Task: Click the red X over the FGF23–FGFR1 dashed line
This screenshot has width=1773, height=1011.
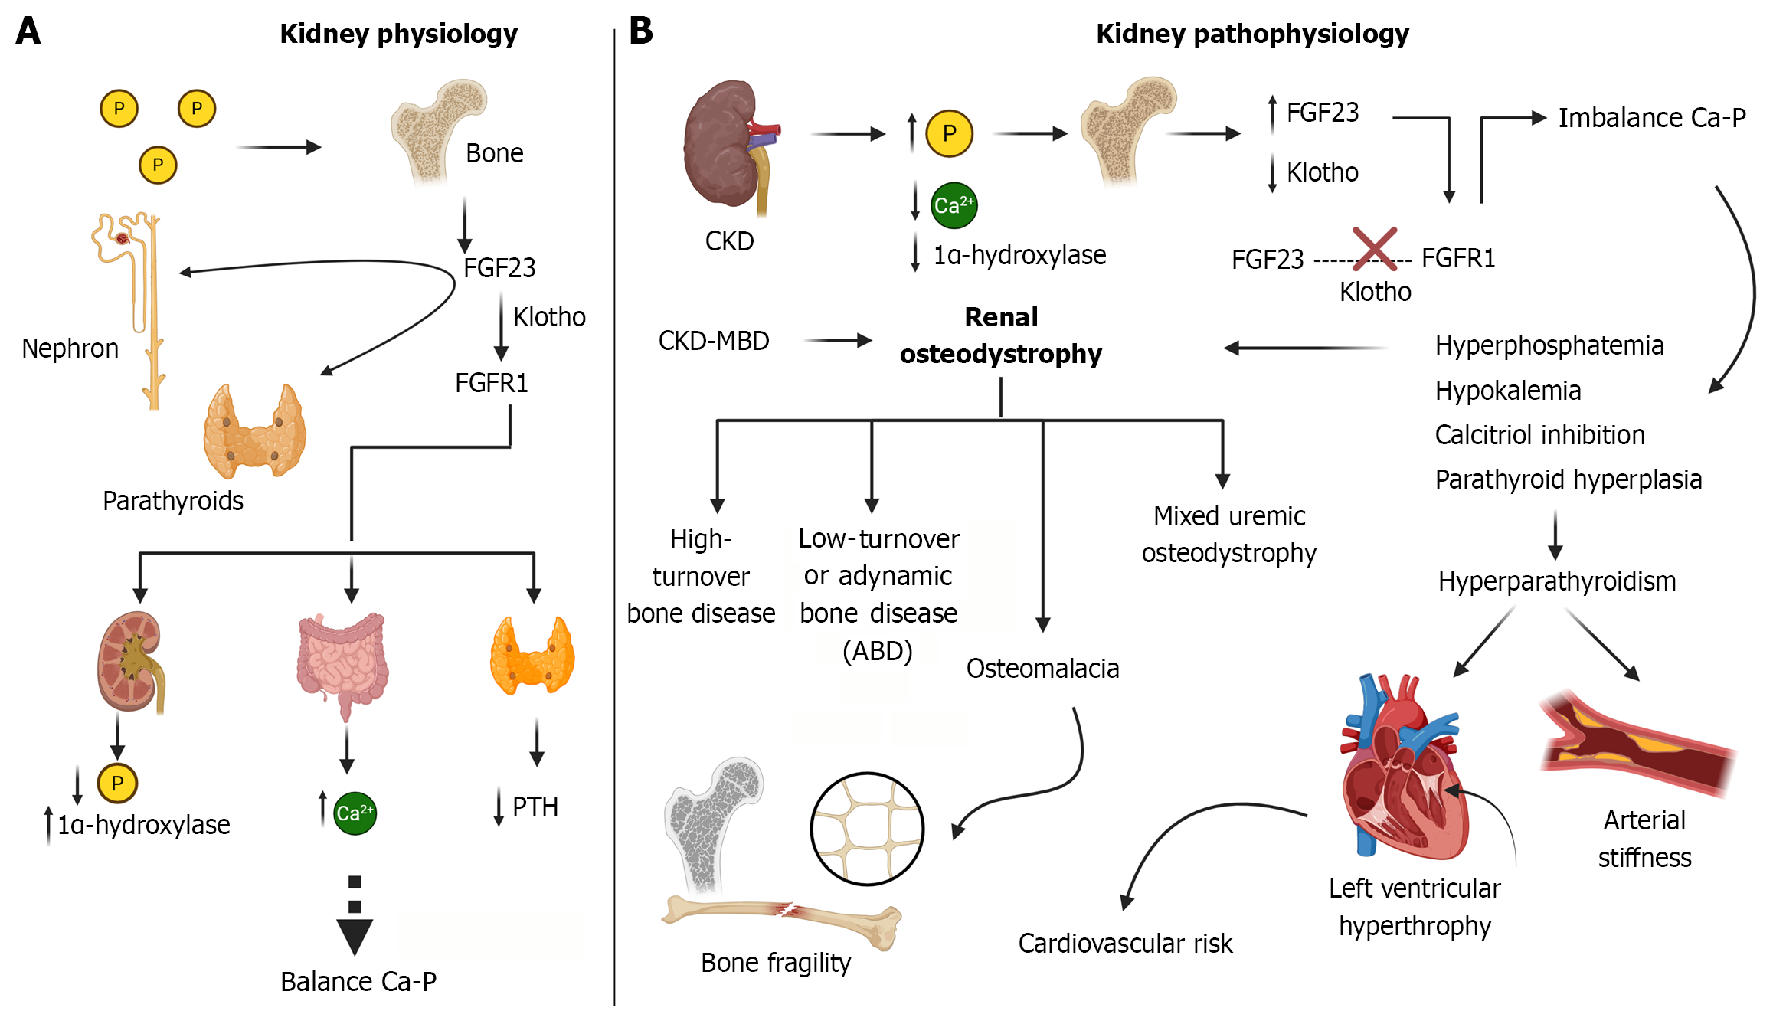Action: (1374, 248)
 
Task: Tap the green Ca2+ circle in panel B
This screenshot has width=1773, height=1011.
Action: (954, 205)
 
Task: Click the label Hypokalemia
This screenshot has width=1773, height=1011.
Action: (1507, 391)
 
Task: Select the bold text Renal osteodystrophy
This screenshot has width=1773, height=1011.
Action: (1000, 335)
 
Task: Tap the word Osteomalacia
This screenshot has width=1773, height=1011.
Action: (1042, 669)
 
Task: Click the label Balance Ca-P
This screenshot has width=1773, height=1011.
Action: (358, 981)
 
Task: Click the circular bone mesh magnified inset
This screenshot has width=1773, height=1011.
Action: (867, 829)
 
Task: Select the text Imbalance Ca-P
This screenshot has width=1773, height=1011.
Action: (1651, 118)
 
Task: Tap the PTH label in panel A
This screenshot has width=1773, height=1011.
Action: (535, 807)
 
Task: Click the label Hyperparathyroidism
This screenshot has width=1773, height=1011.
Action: (1557, 581)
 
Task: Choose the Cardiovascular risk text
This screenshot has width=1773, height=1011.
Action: (1125, 944)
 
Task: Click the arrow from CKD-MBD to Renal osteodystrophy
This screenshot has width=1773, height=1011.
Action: (838, 340)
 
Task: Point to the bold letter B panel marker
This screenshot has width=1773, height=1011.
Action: (641, 31)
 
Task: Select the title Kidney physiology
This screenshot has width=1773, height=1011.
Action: (398, 34)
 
